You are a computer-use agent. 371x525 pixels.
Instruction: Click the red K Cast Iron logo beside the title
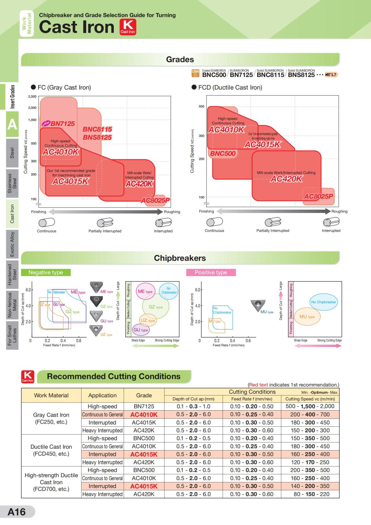128,27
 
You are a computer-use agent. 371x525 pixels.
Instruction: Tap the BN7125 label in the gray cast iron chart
62,124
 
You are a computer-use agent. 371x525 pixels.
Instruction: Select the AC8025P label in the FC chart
156,201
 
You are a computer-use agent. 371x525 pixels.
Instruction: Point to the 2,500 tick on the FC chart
32,96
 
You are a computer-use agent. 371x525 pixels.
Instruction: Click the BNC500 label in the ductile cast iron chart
223,153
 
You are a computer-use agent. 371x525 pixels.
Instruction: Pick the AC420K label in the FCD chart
286,179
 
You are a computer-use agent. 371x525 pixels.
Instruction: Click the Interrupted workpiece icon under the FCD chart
331,222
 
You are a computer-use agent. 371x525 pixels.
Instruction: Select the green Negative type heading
46,272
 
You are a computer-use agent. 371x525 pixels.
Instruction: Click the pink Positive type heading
211,272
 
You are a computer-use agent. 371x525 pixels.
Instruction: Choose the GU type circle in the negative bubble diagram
141,330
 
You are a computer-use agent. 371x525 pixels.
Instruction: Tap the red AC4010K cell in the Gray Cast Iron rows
144,415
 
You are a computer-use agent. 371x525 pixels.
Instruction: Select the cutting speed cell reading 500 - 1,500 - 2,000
310,407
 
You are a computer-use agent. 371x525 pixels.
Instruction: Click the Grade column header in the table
144,395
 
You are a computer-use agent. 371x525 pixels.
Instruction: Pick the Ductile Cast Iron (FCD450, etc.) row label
51,450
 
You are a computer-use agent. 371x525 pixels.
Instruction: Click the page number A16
17,512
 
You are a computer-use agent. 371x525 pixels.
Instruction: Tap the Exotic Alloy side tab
12,244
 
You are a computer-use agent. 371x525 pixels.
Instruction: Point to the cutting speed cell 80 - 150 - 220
310,494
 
